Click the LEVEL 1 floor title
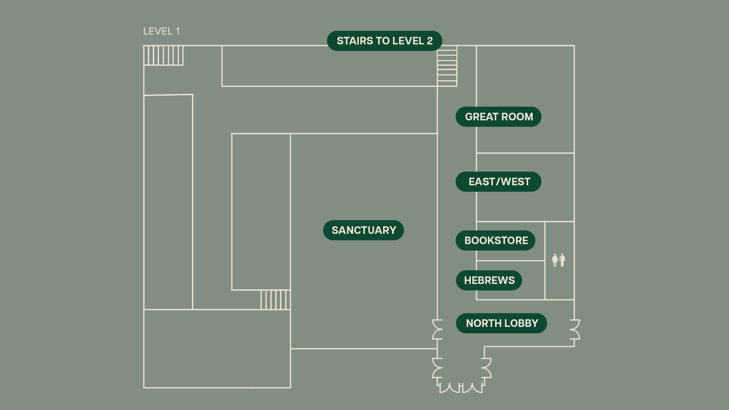[161, 31]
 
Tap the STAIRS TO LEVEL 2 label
[385, 41]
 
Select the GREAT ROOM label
[499, 117]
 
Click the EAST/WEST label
[499, 181]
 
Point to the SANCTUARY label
[363, 230]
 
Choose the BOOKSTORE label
[495, 240]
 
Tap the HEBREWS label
[489, 280]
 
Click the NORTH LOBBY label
[502, 323]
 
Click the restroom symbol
[559, 260]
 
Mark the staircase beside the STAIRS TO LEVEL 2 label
[447, 66]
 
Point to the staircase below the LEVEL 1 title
[163, 55]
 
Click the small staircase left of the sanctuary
[276, 300]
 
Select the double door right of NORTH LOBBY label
[575, 329]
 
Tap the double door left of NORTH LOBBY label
[437, 329]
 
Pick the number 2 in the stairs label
[430, 41]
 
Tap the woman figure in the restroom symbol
[555, 260]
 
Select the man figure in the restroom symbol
[562, 260]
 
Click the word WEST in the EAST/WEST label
[516, 181]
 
